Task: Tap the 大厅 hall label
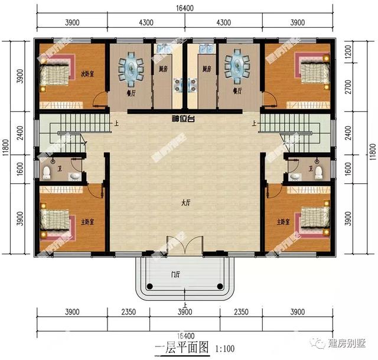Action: pos(185,203)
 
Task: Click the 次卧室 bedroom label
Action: pos(89,74)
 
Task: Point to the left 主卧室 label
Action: pos(89,222)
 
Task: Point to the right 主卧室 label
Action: pos(283,222)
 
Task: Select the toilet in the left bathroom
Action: pos(47,172)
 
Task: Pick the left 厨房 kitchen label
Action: pos(162,69)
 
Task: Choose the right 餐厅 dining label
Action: pos(238,91)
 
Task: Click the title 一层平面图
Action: pos(181,347)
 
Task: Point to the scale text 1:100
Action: pos(222,348)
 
